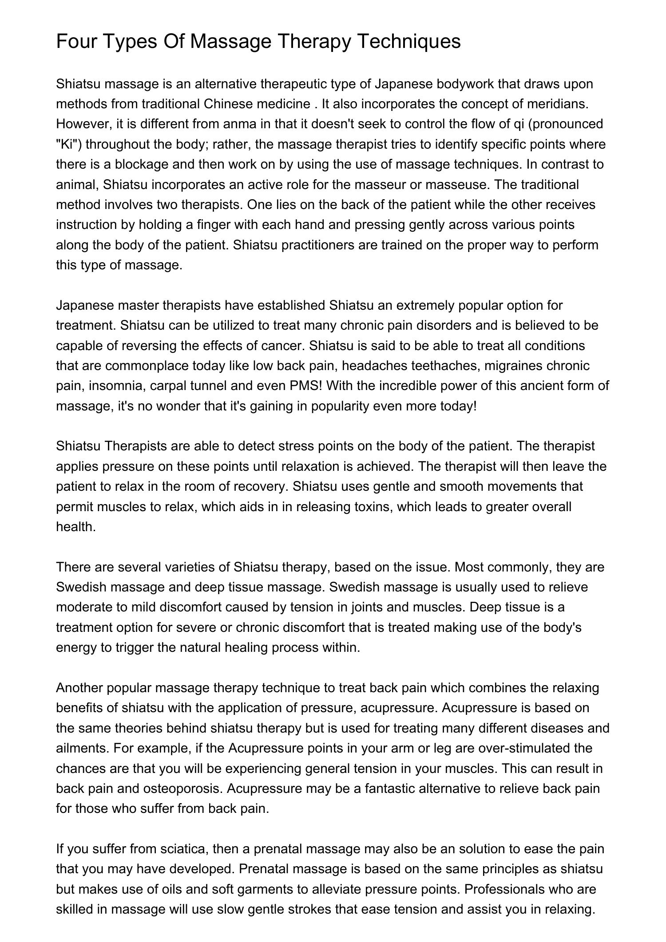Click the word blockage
142,164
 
